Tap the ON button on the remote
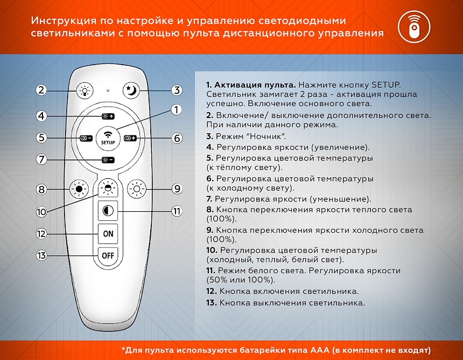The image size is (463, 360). tap(108, 234)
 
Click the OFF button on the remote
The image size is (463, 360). tap(108, 255)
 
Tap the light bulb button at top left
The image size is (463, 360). tap(84, 90)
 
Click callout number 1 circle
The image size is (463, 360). tap(177, 110)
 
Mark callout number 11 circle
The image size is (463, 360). tap(177, 211)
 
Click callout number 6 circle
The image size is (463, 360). tap(177, 138)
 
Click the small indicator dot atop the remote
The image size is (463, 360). tap(108, 90)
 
